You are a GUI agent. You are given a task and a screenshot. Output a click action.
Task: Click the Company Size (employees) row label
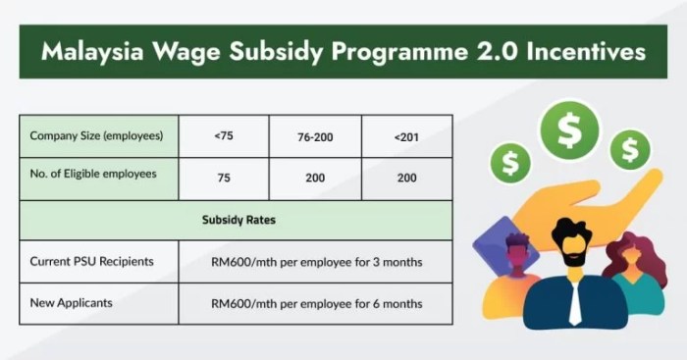click(96, 134)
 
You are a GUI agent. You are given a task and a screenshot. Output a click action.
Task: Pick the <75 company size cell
click(223, 135)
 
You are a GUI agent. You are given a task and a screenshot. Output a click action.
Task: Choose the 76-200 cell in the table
click(314, 135)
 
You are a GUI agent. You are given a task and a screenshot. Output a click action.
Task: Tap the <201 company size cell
click(405, 135)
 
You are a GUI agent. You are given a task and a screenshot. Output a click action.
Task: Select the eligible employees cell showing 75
click(223, 179)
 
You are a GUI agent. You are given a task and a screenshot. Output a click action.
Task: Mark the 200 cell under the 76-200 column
click(314, 179)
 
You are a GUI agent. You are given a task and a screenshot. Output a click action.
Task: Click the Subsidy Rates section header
click(236, 220)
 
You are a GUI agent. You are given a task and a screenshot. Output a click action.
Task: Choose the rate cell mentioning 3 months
click(316, 262)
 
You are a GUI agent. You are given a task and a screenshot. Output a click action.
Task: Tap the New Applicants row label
click(72, 303)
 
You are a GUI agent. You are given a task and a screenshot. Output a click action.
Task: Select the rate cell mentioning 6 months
click(316, 304)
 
